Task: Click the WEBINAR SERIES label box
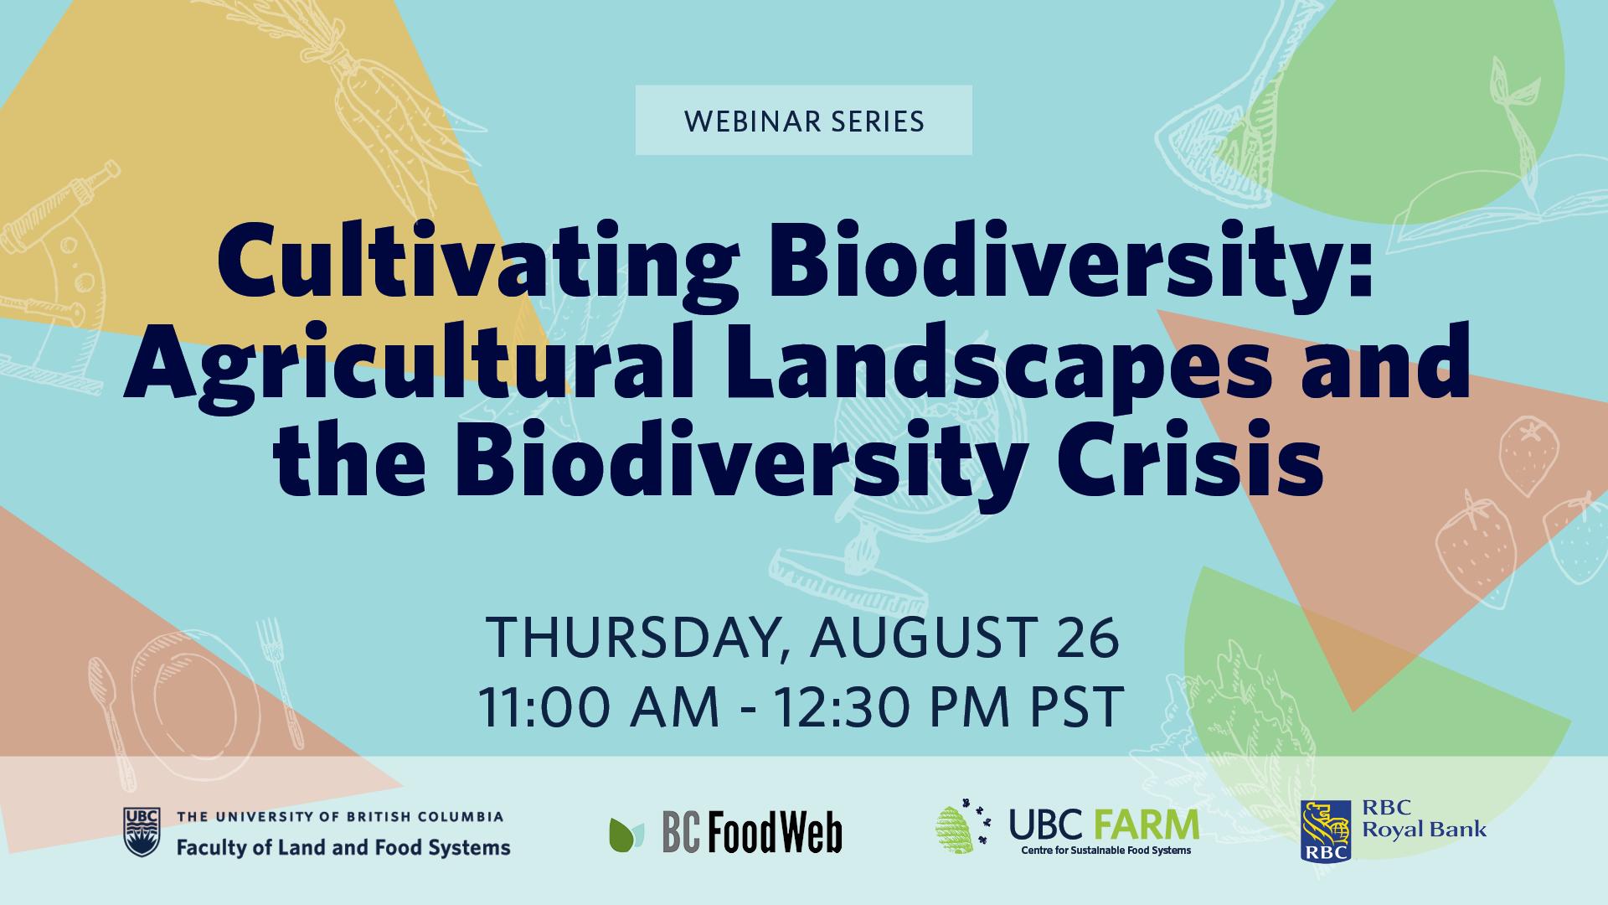click(x=803, y=120)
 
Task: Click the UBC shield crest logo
click(x=141, y=832)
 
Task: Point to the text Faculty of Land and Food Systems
click(x=343, y=847)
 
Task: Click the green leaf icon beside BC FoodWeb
click(x=626, y=834)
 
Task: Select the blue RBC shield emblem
click(x=1326, y=830)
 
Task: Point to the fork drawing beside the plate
click(x=278, y=680)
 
